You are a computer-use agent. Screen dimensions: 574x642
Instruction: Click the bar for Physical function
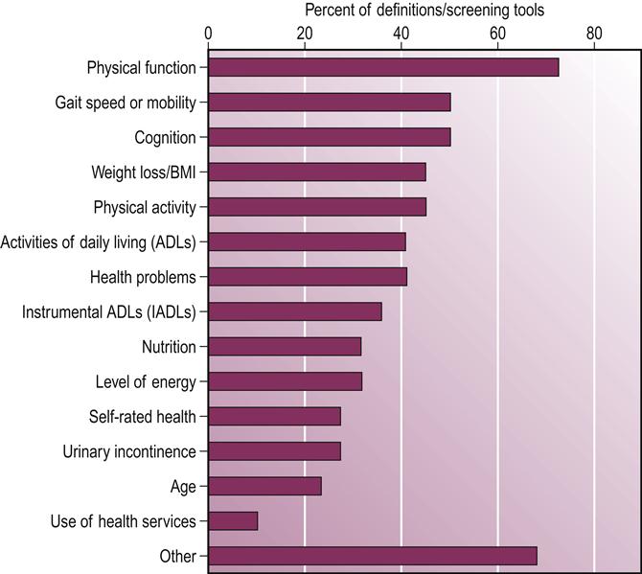pyautogui.click(x=383, y=67)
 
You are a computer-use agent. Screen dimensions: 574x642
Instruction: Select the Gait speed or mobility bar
pyautogui.click(x=329, y=103)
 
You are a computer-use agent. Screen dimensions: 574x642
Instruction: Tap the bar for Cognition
pyautogui.click(x=329, y=137)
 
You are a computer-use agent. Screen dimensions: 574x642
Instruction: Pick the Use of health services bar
pyautogui.click(x=233, y=521)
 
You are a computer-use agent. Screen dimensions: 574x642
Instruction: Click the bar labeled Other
pyautogui.click(x=372, y=556)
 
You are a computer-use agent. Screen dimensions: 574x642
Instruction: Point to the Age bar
pyautogui.click(x=264, y=486)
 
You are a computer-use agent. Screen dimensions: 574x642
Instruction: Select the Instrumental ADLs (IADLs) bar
pyautogui.click(x=294, y=311)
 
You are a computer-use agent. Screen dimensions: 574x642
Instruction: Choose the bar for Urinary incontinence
pyautogui.click(x=274, y=451)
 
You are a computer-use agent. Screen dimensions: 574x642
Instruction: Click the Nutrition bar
pyautogui.click(x=285, y=347)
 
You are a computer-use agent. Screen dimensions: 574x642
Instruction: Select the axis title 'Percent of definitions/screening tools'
pyautogui.click(x=424, y=11)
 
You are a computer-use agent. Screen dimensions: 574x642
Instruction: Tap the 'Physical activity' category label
pyautogui.click(x=145, y=207)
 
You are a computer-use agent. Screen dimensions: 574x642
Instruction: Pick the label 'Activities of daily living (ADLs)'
pyautogui.click(x=99, y=242)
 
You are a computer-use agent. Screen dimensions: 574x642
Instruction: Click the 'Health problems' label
pyautogui.click(x=143, y=277)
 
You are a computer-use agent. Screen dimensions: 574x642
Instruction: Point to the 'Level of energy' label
pyautogui.click(x=146, y=381)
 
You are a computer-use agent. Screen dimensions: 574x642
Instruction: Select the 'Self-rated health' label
pyautogui.click(x=142, y=416)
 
